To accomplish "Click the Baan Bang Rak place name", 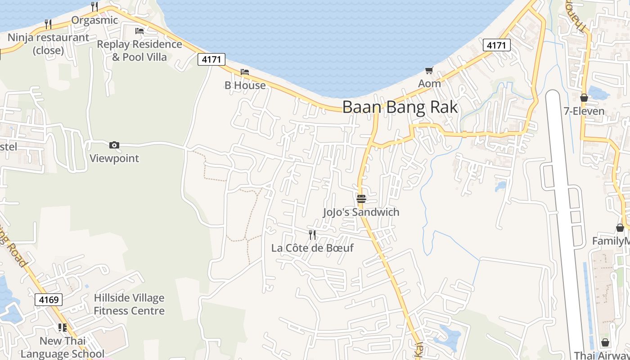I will pyautogui.click(x=400, y=107).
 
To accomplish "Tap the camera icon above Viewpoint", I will pyautogui.click(x=114, y=145).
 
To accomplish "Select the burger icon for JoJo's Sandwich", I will pyautogui.click(x=361, y=198).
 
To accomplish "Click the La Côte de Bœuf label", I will pyautogui.click(x=312, y=248).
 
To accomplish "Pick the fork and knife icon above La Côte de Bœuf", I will pyautogui.click(x=312, y=234).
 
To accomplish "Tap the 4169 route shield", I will pyautogui.click(x=48, y=300).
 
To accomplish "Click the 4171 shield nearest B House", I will pyautogui.click(x=211, y=59).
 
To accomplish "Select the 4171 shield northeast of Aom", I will pyautogui.click(x=497, y=45).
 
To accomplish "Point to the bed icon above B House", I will pyautogui.click(x=245, y=72).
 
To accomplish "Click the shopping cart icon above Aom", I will pyautogui.click(x=429, y=70).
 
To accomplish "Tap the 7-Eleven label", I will pyautogui.click(x=584, y=111).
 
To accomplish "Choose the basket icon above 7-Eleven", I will pyautogui.click(x=584, y=98).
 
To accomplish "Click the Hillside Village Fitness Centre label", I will pyautogui.click(x=129, y=304).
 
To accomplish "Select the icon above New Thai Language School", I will pyautogui.click(x=62, y=327).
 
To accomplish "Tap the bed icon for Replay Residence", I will pyautogui.click(x=139, y=31).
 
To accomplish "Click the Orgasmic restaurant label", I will pyautogui.click(x=94, y=20).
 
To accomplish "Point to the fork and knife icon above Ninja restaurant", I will pyautogui.click(x=48, y=24).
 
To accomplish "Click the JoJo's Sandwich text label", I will pyautogui.click(x=361, y=212).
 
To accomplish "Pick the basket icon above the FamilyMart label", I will pyautogui.click(x=620, y=228).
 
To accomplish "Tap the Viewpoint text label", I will pyautogui.click(x=114, y=158).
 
